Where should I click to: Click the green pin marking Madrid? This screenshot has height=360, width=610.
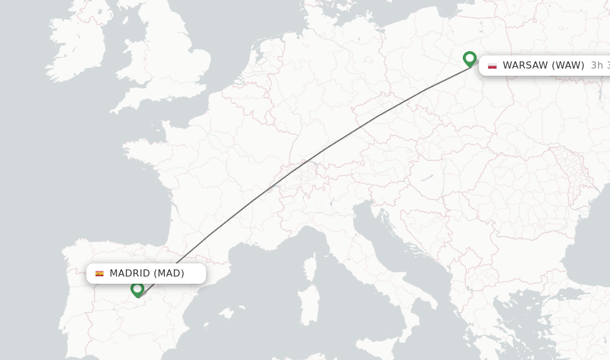(138, 289)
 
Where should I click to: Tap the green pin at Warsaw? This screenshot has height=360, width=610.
(469, 58)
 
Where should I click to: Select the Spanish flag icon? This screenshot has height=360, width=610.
(99, 274)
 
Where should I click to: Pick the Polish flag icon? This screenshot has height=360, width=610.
(492, 66)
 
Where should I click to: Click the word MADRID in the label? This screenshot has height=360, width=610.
(129, 274)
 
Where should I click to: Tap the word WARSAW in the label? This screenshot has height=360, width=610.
(524, 66)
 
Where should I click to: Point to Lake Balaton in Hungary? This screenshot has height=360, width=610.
(427, 177)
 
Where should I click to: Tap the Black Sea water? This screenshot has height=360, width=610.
(590, 238)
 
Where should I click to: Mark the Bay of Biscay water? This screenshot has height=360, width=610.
(119, 197)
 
